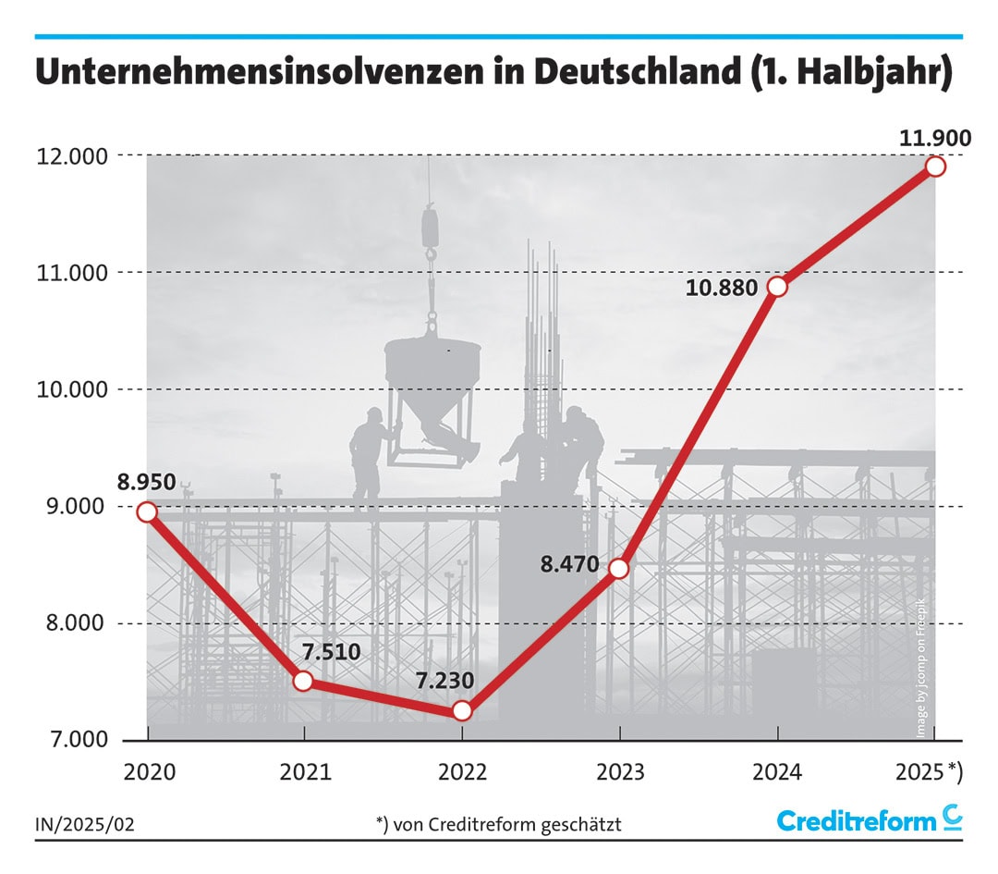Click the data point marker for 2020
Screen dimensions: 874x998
coord(146,511)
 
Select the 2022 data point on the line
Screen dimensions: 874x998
coord(462,710)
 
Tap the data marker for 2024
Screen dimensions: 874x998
coord(777,286)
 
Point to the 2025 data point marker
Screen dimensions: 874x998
coord(934,166)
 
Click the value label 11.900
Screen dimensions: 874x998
coord(934,139)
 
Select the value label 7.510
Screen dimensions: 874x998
coord(330,651)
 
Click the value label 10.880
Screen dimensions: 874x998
coord(723,288)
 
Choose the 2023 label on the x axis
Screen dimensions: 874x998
coord(619,772)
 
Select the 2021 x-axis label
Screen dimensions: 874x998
coord(304,772)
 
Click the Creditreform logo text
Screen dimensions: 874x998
coord(857,820)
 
